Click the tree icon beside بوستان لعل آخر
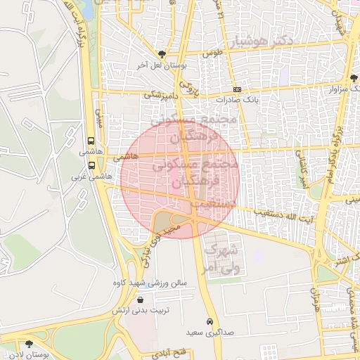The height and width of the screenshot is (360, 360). [x=163, y=53]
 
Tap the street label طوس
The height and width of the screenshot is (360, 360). [x=212, y=53]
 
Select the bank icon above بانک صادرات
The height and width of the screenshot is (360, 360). [x=238, y=89]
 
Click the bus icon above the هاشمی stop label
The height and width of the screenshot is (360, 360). [x=91, y=141]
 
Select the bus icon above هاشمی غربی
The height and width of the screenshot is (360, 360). [x=91, y=165]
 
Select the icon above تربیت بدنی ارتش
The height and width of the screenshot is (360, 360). [x=141, y=299]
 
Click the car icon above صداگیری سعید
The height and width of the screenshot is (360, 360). [x=210, y=321]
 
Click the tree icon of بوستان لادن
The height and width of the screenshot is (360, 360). [x=29, y=344]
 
